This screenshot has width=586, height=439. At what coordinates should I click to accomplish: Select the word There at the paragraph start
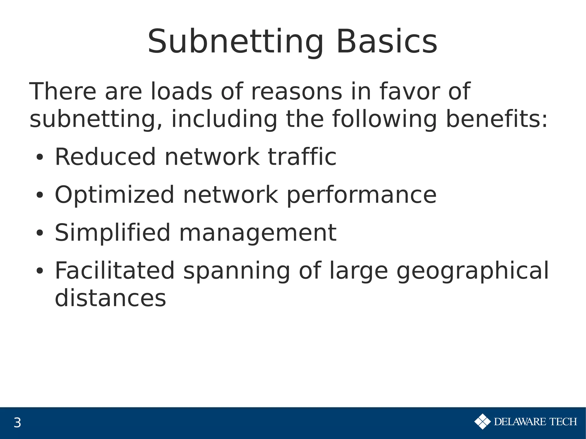click(63, 92)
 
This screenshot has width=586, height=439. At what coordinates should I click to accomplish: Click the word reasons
click(296, 92)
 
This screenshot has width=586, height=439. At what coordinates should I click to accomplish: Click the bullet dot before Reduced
click(39, 158)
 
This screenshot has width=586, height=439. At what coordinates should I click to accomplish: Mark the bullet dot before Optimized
click(39, 195)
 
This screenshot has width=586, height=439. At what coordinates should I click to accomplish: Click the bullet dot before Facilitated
click(39, 271)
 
